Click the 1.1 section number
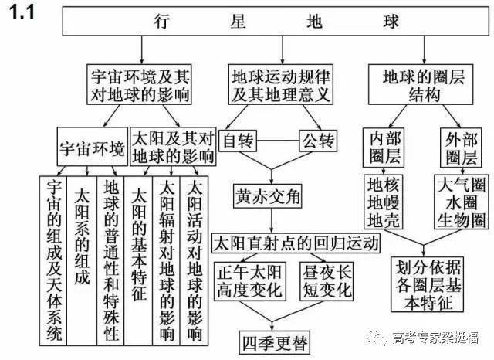pos(21,12)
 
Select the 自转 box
pos(238,141)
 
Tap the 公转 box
pos(318,141)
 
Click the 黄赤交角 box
pos(268,196)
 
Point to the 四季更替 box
pos(275,343)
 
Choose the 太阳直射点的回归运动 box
pos(296,243)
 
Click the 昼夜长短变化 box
pos(327,281)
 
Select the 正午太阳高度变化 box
pos(250,281)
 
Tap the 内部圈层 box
pos(384,148)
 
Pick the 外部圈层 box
pos(461,148)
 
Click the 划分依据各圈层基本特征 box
pos(427,284)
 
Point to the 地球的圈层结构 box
pos(421,84)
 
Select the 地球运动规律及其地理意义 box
pos(281,84)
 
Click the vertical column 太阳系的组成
pos(82,260)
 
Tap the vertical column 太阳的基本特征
pos(138,260)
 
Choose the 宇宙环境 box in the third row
pos(93,147)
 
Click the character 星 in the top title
pos(238,22)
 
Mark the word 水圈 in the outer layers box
pos(462,202)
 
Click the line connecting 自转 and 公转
pos(278,141)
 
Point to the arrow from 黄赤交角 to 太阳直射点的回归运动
pos(272,221)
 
